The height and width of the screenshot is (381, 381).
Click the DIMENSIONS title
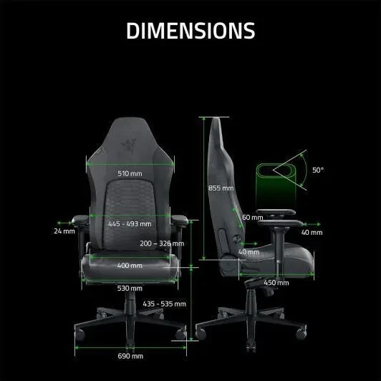[x=190, y=31]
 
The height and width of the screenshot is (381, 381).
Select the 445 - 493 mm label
[x=129, y=224]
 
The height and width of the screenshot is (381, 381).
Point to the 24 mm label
[x=64, y=231]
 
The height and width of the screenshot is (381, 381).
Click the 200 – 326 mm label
[x=163, y=243]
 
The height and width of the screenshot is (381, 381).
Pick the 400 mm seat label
[x=130, y=266]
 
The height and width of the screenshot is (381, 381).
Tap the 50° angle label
[x=318, y=170]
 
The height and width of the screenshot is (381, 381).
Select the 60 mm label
[x=251, y=217]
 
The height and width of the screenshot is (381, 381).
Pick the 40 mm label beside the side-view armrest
[x=312, y=232]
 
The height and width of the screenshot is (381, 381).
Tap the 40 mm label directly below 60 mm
[x=249, y=251]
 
